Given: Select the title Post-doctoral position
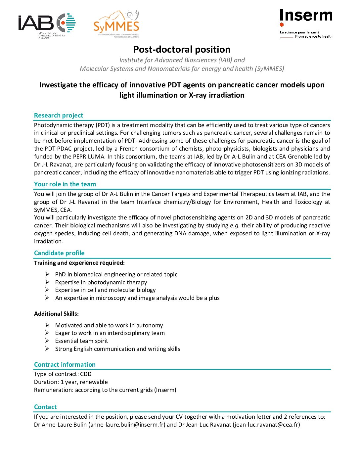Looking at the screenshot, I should tap(182, 50).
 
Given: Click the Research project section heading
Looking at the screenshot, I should tap(59, 116).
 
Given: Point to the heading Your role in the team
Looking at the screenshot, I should tap(65, 184).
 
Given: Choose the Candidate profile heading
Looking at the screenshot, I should tap(59, 253).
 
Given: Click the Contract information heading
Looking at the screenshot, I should tap(65, 365).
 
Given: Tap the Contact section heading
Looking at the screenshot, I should tap(45, 407).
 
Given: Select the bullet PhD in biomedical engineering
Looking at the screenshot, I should tap(116, 274).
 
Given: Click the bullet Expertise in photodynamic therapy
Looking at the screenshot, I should tap(101, 282).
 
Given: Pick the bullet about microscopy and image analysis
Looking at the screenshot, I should tap(137, 298).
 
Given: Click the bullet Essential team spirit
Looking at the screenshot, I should tap(81, 341).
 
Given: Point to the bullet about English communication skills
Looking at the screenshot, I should tap(117, 349).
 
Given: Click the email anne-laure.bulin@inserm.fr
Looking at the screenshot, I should tap(127, 425).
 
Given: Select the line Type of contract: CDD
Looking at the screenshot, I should tap(63, 374).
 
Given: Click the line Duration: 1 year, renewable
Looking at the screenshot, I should tap(71, 382).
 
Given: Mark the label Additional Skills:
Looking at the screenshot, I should tap(56, 314).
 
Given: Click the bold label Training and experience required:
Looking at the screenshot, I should tap(79, 263).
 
